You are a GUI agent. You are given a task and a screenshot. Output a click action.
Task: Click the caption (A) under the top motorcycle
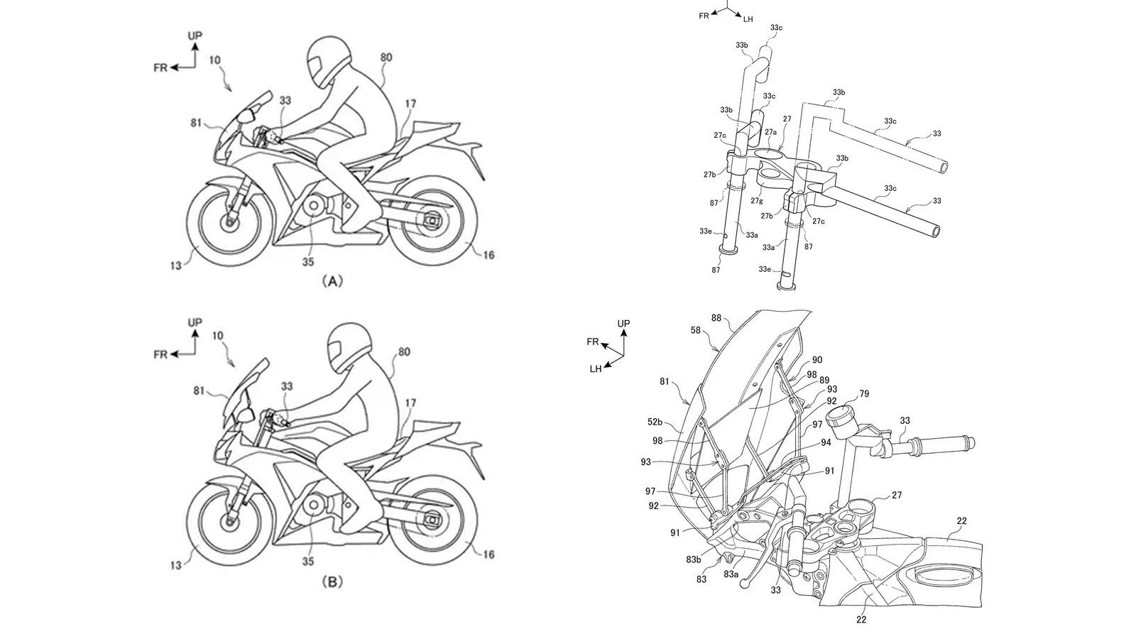point(332,281)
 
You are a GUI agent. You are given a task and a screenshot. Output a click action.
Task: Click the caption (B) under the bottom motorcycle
point(332,582)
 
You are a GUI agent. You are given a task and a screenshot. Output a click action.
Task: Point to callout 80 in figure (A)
point(386,58)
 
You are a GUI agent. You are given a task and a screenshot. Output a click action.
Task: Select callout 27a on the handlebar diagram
point(770,132)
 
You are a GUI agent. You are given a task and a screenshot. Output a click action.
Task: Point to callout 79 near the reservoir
point(863,394)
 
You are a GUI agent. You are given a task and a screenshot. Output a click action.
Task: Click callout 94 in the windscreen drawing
point(826,442)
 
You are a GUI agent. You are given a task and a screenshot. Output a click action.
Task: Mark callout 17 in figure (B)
point(410,403)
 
